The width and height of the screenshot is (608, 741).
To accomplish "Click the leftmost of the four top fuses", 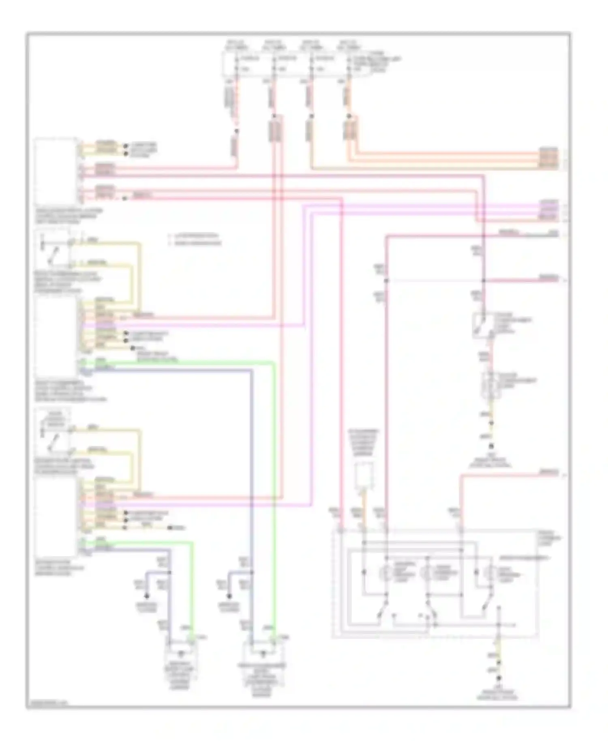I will point(236,64).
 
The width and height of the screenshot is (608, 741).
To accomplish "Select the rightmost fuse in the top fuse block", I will point(349,64).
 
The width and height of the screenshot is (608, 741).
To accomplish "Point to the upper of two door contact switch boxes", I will point(52,248).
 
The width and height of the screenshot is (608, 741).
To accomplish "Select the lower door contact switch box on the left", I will point(53,431).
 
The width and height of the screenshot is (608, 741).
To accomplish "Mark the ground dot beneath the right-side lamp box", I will point(491,446).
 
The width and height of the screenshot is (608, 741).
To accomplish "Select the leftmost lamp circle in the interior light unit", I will point(385,573).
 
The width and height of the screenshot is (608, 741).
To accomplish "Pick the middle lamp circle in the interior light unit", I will point(426,573).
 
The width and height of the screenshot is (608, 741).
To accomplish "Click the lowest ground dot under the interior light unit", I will point(499,678).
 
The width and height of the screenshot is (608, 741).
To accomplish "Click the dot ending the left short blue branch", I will point(147,596).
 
